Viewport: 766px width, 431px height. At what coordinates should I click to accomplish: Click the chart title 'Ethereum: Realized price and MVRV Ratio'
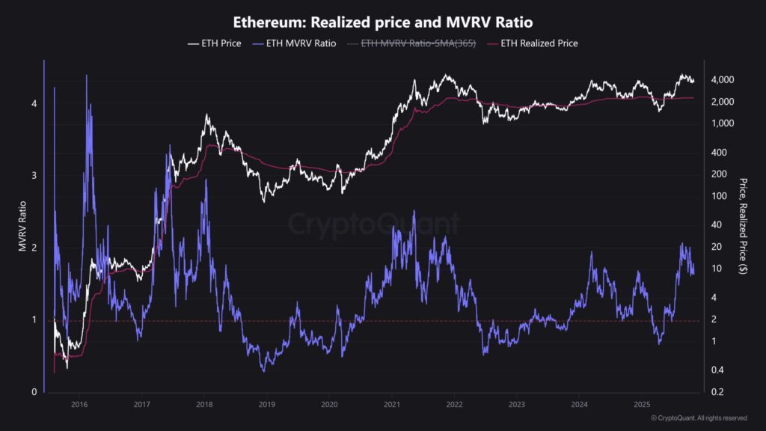pos(383,22)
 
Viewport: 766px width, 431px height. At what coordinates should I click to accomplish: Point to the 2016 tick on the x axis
pos(79,404)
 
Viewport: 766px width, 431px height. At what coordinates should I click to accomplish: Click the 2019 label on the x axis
pos(267,404)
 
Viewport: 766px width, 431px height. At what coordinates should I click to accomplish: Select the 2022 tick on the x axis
pos(454,404)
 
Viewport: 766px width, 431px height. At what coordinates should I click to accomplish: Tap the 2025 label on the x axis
pos(641,404)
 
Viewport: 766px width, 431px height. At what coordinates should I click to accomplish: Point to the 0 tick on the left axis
pos(34,392)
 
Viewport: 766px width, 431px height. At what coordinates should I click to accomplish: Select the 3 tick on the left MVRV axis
pos(34,176)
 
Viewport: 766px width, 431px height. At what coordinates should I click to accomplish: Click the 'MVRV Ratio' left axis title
pos(22,225)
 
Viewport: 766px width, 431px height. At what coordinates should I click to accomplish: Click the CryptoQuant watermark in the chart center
pos(374,223)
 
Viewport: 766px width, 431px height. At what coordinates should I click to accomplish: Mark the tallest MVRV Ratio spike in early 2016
pos(87,76)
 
